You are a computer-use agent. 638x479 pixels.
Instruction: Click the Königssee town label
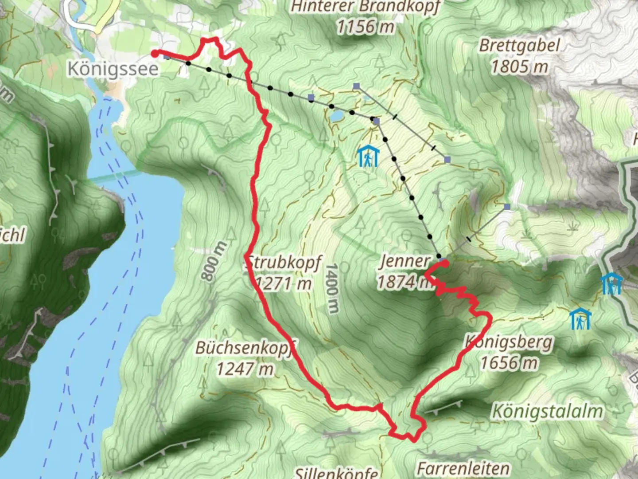113,69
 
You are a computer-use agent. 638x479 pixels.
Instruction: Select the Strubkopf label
284,262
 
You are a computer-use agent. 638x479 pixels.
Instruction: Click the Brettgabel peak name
520,46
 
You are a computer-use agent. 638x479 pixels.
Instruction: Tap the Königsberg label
510,342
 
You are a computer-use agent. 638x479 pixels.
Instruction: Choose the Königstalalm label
548,411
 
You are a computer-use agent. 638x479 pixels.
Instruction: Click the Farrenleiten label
463,468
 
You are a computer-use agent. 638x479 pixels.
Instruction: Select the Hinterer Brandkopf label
366,7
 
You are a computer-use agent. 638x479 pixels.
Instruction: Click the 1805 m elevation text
520,67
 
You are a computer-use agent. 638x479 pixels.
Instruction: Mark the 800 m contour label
214,261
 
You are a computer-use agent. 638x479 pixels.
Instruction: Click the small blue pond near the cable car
336,116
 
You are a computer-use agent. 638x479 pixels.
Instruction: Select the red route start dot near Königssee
155,53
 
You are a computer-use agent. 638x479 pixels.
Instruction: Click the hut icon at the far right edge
612,284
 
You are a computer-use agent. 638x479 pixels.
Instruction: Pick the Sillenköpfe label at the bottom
337,473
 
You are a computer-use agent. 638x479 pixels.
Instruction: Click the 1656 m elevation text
510,363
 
